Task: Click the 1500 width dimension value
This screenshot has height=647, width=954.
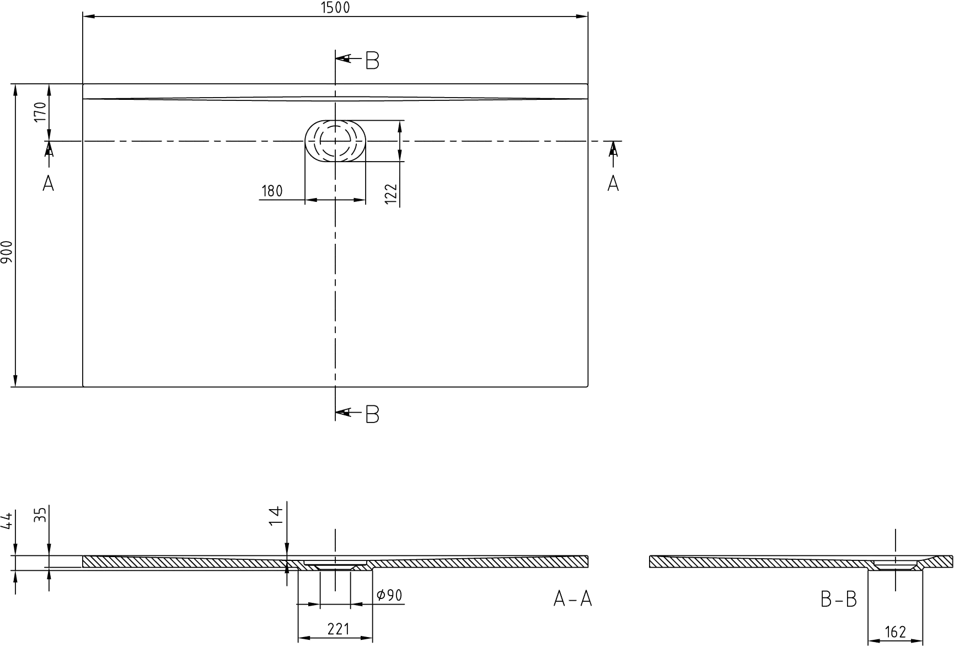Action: click(335, 7)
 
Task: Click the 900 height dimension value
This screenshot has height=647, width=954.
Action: click(7, 253)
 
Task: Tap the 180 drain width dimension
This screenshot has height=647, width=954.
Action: click(272, 191)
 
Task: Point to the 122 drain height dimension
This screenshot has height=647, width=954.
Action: click(391, 194)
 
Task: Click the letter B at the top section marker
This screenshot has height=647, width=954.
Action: click(372, 61)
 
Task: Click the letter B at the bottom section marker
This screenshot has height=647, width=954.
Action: click(372, 414)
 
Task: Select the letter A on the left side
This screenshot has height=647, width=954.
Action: click(49, 183)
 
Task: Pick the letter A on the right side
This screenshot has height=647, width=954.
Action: click(613, 183)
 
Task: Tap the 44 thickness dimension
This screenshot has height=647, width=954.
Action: click(7, 521)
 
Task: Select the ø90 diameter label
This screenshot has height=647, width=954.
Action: click(389, 595)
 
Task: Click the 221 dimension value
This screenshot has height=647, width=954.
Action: click(338, 629)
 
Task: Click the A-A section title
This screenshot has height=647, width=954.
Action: click(573, 599)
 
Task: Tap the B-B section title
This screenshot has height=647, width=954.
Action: click(839, 599)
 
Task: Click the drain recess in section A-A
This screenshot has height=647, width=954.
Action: click(335, 566)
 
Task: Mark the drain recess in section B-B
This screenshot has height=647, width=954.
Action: click(895, 565)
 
